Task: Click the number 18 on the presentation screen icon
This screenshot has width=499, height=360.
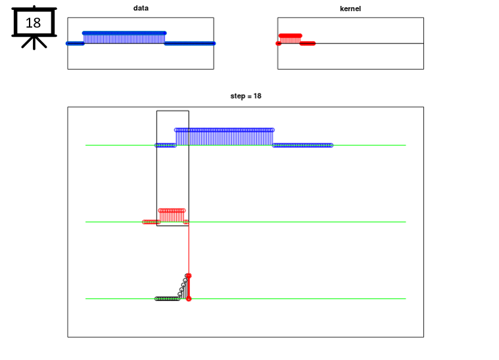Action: click(x=34, y=23)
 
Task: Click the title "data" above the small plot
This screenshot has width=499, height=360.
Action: click(x=141, y=8)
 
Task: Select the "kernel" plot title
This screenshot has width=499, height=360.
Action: click(x=350, y=9)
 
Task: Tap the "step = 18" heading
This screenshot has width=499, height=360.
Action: click(x=246, y=96)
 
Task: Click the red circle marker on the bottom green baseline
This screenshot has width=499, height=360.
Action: click(x=189, y=299)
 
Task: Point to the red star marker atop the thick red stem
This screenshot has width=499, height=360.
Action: click(x=189, y=276)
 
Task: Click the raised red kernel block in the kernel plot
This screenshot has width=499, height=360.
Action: click(x=290, y=39)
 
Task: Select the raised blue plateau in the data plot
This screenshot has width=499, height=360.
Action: click(x=124, y=37)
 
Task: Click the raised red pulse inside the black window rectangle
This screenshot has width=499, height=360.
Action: click(x=172, y=215)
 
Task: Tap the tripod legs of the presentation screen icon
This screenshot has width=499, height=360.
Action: click(x=34, y=43)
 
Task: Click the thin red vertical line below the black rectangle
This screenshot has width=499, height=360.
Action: click(x=189, y=250)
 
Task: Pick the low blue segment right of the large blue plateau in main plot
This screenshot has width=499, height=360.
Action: click(x=302, y=145)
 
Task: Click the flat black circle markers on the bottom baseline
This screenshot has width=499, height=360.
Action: click(x=167, y=299)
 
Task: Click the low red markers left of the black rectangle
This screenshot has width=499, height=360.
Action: click(x=150, y=222)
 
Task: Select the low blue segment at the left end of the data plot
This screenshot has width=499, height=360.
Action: click(x=75, y=43)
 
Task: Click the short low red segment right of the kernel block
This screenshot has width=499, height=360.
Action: click(x=308, y=43)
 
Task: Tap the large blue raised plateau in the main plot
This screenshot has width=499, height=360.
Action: click(x=224, y=137)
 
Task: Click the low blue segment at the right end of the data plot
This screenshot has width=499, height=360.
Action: click(x=190, y=43)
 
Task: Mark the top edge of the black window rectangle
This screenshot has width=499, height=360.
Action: click(x=173, y=110)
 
